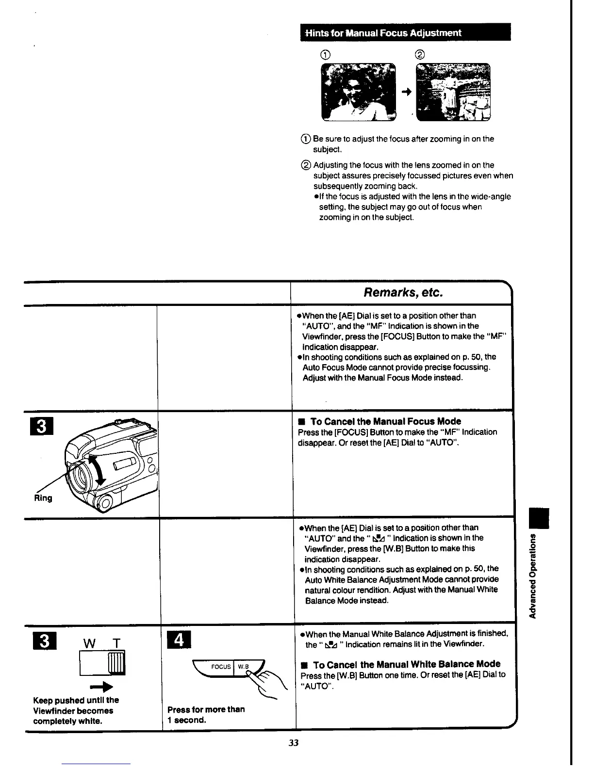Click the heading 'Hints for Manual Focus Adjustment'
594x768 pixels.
tap(382, 33)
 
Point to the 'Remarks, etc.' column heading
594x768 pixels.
tap(403, 293)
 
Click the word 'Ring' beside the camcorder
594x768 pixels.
tap(43, 498)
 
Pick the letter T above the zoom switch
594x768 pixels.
tap(116, 643)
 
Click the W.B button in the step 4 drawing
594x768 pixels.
tap(244, 666)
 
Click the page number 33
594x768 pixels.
tap(294, 742)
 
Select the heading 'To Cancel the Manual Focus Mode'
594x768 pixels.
tap(385, 421)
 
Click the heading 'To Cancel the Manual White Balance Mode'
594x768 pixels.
tap(407, 664)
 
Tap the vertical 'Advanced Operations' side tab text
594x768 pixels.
tap(533, 576)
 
